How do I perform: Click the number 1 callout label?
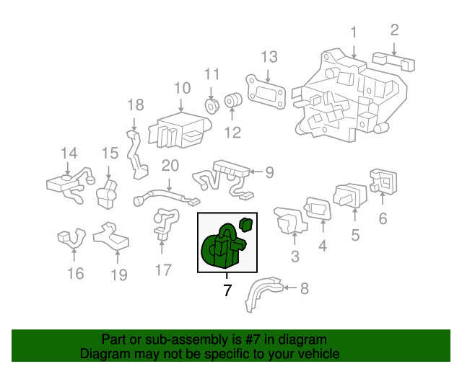tap(354, 32)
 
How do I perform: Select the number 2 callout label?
tap(394, 30)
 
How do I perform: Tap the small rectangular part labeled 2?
tap(393, 61)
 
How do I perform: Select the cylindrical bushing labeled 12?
tap(233, 102)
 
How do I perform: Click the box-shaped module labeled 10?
tap(177, 128)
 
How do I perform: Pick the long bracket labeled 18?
tap(138, 154)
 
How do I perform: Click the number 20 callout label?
tap(170, 165)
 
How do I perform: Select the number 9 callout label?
tap(269, 172)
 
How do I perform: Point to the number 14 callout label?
tap(69, 153)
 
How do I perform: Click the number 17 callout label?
tap(164, 270)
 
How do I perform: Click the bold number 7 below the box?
tap(227, 290)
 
